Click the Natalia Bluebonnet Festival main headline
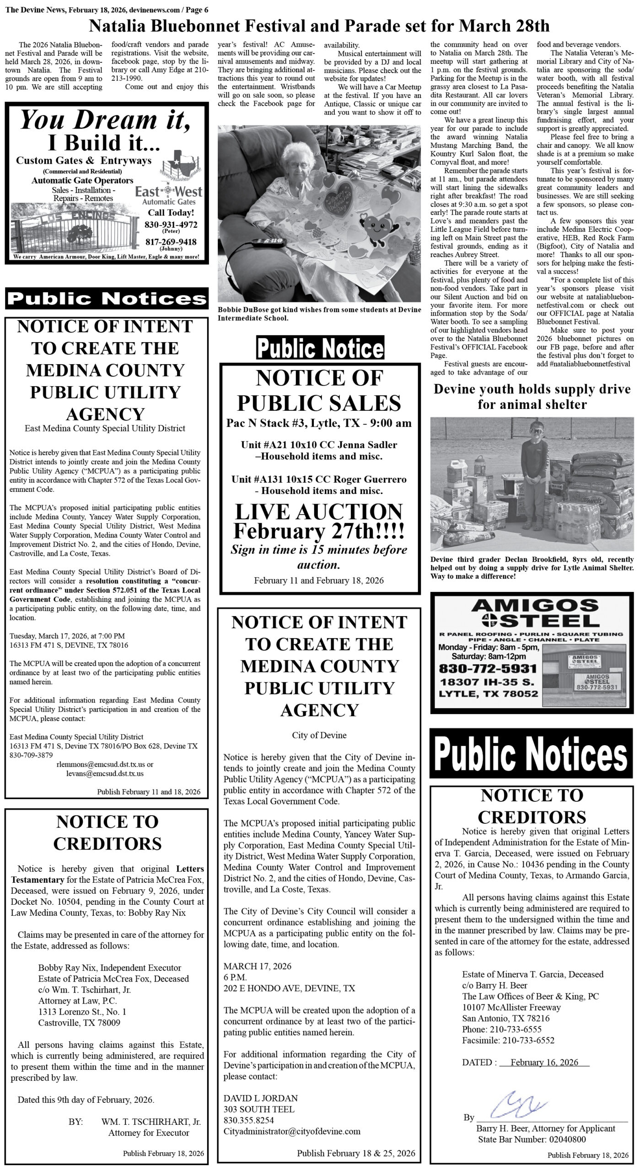319,26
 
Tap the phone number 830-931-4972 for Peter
171,225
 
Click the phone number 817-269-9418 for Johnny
171,242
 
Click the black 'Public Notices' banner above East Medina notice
107,298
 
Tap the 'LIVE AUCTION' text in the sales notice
319,512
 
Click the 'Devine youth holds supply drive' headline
532,397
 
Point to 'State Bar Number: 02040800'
532,1139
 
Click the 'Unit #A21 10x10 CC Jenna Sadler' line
319,445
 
